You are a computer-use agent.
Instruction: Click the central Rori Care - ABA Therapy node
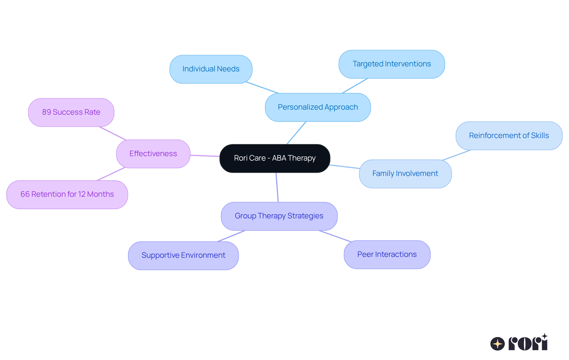click(275, 158)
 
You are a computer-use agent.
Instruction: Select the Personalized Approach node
click(318, 107)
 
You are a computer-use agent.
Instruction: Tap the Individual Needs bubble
click(211, 69)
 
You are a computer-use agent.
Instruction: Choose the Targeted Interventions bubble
click(391, 64)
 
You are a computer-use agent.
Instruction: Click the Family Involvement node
click(405, 174)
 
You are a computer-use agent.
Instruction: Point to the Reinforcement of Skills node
click(509, 136)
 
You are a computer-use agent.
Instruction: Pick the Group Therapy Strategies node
click(279, 216)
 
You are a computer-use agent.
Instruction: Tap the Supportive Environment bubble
click(183, 255)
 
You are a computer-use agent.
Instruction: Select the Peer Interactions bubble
click(387, 255)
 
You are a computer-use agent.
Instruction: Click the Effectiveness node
click(153, 154)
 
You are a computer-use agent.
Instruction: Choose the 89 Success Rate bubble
click(71, 112)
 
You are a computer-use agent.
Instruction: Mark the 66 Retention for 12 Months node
click(67, 194)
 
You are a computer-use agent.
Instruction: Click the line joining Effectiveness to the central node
click(205, 156)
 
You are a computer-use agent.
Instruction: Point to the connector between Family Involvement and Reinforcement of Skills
click(456, 155)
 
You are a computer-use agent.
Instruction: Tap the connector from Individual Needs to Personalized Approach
click(262, 88)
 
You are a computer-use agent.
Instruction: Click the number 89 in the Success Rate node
click(47, 112)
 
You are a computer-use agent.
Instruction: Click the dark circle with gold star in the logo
click(497, 344)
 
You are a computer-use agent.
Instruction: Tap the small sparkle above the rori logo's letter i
click(544, 336)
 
